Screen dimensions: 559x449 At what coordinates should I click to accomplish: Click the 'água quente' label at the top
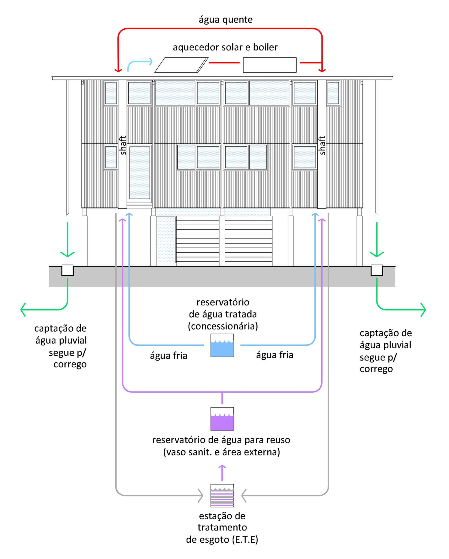click(x=226, y=20)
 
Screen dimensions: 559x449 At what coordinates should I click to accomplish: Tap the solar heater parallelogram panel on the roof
click(x=181, y=65)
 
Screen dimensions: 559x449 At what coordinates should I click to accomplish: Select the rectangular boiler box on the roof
click(x=270, y=65)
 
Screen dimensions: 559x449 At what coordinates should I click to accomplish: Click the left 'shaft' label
click(x=123, y=145)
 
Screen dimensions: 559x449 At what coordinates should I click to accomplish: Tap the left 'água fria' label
click(x=169, y=355)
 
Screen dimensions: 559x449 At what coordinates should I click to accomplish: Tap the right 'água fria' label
click(x=275, y=355)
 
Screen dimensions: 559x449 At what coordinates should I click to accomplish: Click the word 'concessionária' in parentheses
click(x=223, y=326)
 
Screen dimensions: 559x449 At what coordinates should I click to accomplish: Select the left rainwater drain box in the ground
click(x=67, y=270)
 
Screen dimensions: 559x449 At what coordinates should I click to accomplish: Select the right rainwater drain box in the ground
click(x=377, y=270)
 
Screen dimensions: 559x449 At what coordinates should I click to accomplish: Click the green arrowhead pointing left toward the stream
click(x=23, y=310)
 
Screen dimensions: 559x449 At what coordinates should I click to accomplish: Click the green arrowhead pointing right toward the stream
click(x=423, y=310)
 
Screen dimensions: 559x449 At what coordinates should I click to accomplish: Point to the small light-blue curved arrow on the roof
click(x=139, y=64)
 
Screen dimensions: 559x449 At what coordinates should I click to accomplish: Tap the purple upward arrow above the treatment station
click(x=222, y=473)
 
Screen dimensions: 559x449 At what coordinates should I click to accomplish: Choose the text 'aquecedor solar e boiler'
click(x=225, y=47)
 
